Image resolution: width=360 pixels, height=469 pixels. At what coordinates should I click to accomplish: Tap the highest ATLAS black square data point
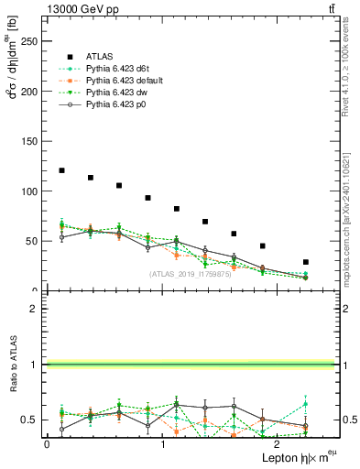pyautogui.click(x=61, y=170)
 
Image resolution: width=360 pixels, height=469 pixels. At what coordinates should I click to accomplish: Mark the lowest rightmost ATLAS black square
pyautogui.click(x=306, y=262)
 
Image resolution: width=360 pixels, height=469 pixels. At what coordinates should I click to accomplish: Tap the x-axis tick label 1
pyautogui.click(x=162, y=443)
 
